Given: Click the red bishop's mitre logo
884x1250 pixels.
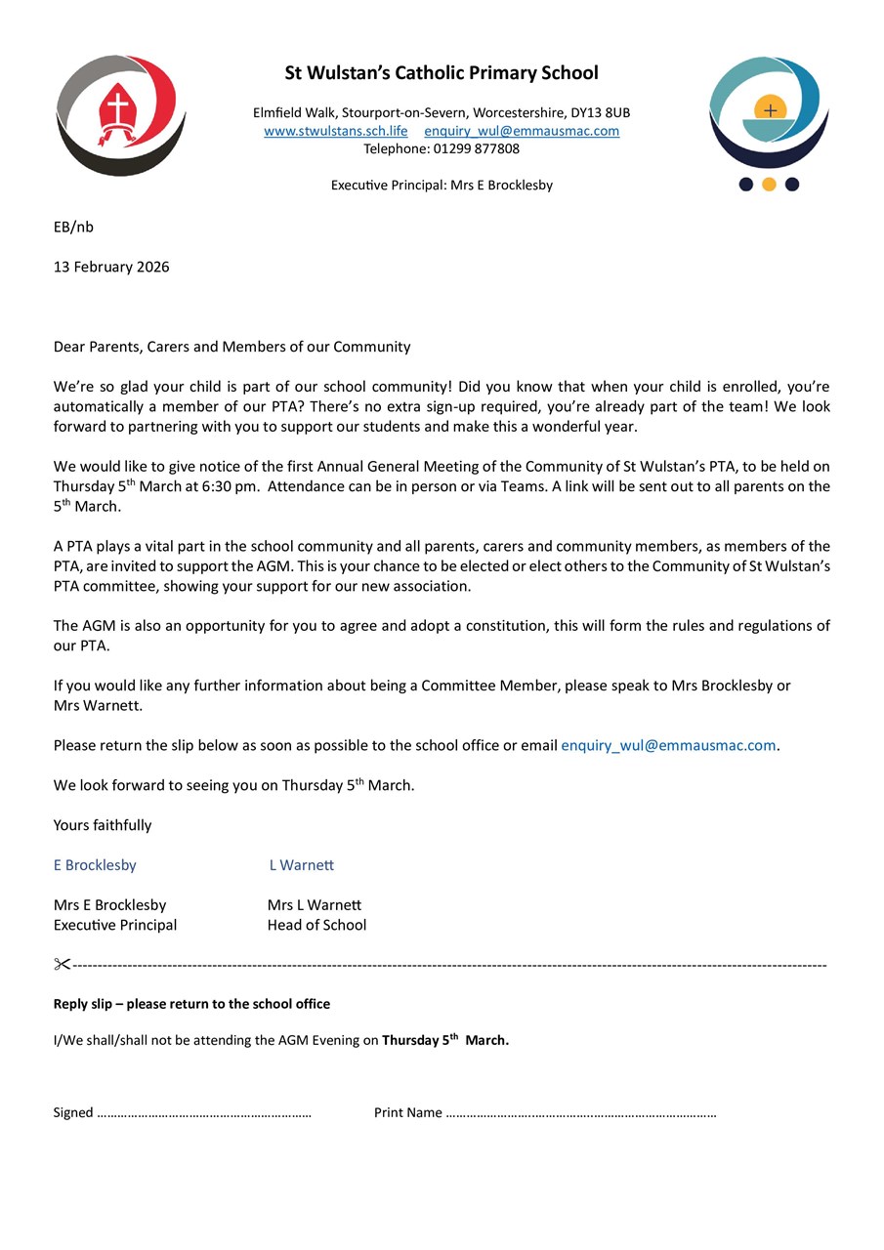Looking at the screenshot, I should (x=120, y=114).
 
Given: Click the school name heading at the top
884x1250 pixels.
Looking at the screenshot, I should (x=442, y=73).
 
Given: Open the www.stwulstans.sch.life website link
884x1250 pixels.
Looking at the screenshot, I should (x=336, y=131).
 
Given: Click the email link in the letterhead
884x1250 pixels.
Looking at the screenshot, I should (x=522, y=131).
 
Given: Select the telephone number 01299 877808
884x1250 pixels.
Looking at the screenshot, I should (x=474, y=148).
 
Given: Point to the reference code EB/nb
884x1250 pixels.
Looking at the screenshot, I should (x=73, y=227).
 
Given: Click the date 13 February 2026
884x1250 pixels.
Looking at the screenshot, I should (x=111, y=267).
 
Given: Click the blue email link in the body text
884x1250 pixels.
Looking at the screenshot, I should (x=668, y=745).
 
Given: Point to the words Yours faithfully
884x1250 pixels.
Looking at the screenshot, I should (x=103, y=825).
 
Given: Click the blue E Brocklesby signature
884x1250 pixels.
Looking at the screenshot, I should (x=95, y=865).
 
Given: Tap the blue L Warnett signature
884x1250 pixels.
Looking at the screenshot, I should (x=302, y=865).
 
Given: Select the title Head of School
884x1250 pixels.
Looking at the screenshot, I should (x=316, y=925).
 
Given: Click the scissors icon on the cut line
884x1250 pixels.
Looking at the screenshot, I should (x=63, y=965).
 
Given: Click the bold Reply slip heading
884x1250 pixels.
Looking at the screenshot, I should (x=191, y=1004).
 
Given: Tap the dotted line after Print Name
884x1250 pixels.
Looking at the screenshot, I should (x=580, y=1113).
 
